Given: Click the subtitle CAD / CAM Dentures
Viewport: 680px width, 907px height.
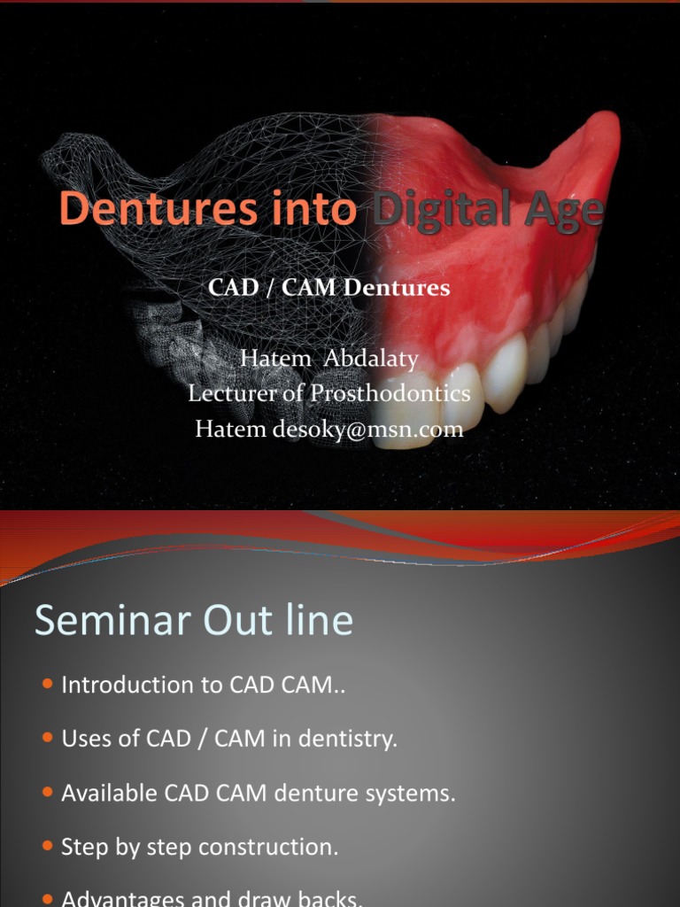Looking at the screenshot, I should tap(329, 288).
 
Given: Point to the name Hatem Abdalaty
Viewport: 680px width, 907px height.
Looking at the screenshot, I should tap(329, 360).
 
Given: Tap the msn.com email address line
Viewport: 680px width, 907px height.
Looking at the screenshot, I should tap(329, 430).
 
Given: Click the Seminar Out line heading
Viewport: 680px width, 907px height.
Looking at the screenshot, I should tap(194, 621).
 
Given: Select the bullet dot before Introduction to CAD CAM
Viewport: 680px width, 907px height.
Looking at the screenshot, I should tap(47, 685).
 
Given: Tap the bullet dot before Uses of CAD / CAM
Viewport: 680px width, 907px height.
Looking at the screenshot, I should tap(47, 739).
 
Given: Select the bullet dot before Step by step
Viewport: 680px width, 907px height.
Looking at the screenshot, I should tap(47, 847).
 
